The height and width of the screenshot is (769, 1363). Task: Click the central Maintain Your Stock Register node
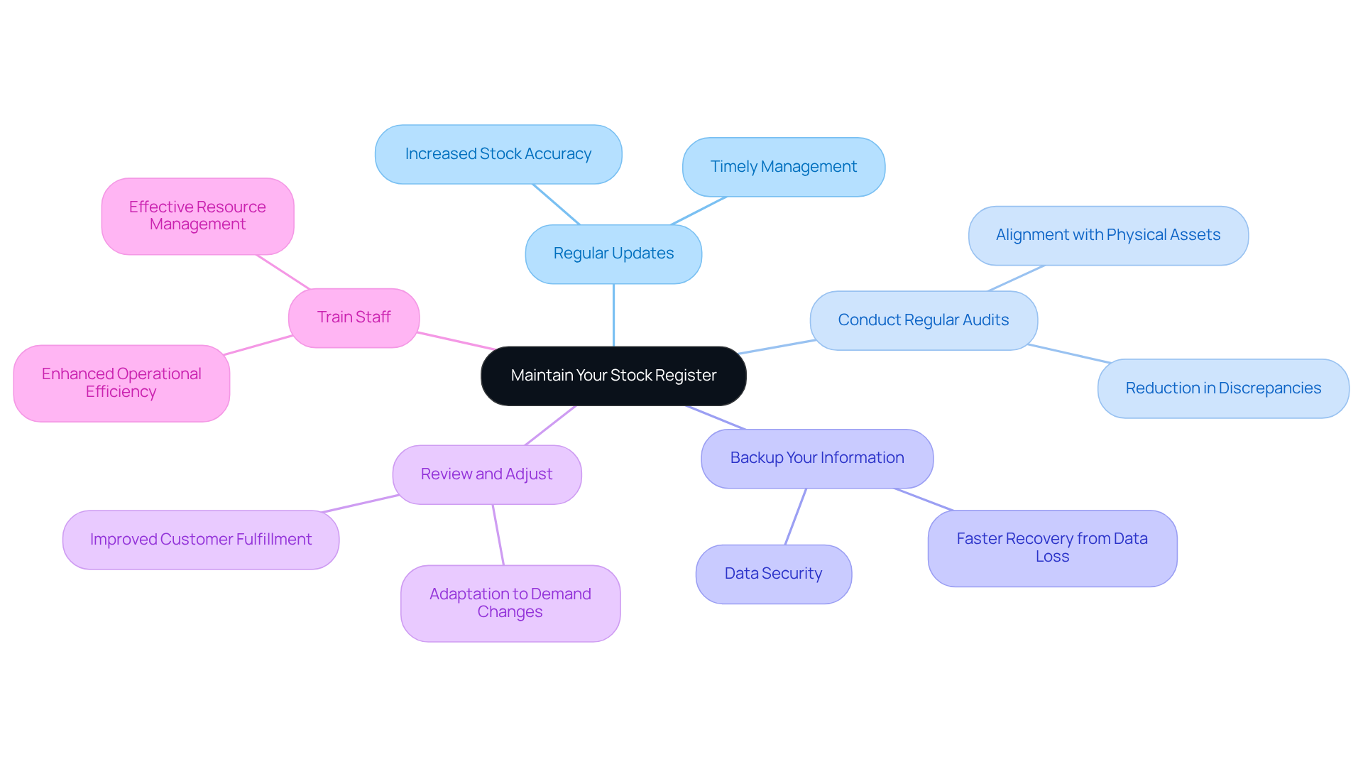click(613, 376)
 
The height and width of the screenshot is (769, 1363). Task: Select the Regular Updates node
click(613, 253)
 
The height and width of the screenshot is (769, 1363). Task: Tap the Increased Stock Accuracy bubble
click(498, 154)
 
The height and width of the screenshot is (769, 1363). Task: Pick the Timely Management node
click(783, 167)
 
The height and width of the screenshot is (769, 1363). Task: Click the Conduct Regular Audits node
click(923, 320)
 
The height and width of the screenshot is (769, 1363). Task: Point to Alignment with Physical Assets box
click(1107, 235)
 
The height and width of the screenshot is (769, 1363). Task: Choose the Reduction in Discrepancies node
click(1222, 388)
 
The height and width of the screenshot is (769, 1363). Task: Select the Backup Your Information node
click(816, 458)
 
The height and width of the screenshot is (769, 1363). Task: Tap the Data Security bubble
click(773, 574)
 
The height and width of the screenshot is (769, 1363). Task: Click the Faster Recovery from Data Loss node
click(1051, 547)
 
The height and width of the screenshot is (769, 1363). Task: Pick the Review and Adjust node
click(486, 474)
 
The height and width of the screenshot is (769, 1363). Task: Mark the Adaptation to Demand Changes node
click(510, 603)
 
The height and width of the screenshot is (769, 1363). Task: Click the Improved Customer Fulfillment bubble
click(200, 540)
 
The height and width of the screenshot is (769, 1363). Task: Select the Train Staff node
click(354, 317)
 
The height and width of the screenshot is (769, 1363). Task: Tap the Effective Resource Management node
click(197, 216)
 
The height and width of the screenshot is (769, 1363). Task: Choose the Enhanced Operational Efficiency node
click(121, 383)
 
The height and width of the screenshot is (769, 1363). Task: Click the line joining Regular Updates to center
click(613, 315)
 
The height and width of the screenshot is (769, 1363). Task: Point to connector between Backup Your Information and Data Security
click(795, 517)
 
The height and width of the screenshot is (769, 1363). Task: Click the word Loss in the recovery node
click(1052, 557)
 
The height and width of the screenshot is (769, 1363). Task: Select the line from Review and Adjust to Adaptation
click(498, 535)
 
